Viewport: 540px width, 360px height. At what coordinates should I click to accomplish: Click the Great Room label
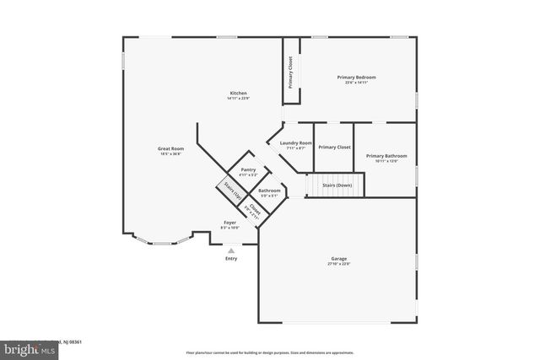[170, 148]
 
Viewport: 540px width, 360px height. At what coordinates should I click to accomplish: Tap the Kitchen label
[239, 93]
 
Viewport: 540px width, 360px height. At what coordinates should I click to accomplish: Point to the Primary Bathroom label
[386, 156]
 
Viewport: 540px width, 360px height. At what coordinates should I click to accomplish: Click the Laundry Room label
[296, 143]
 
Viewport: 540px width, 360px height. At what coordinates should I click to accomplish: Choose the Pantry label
[248, 169]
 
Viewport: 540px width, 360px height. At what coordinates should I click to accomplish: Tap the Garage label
[338, 259]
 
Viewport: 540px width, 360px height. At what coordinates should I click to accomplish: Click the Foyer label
[229, 223]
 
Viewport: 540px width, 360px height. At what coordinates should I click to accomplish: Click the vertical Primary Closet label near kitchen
[291, 73]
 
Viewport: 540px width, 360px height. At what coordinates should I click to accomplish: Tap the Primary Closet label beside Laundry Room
[334, 147]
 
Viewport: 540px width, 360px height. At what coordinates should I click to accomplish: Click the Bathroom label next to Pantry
[270, 191]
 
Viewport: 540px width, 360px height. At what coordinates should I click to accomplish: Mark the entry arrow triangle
[231, 250]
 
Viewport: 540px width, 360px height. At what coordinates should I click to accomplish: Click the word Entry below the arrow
[231, 259]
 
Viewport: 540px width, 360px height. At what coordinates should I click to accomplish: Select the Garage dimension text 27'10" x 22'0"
[338, 264]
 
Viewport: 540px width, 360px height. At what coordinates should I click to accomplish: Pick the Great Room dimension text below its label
[170, 153]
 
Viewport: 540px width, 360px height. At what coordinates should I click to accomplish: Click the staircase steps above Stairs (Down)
[333, 183]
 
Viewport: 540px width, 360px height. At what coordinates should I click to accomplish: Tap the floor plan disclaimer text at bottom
[269, 352]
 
